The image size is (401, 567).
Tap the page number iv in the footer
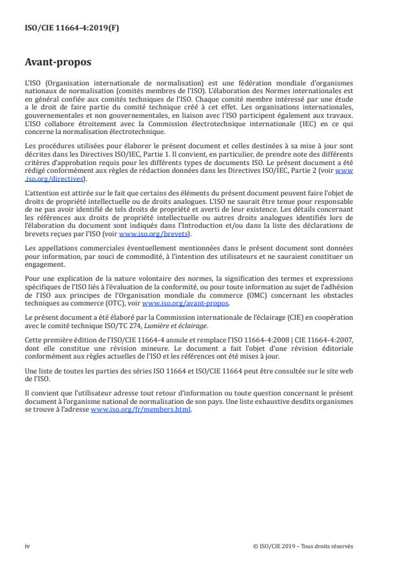(x=27, y=546)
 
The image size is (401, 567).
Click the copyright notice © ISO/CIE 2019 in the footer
(x=303, y=546)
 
